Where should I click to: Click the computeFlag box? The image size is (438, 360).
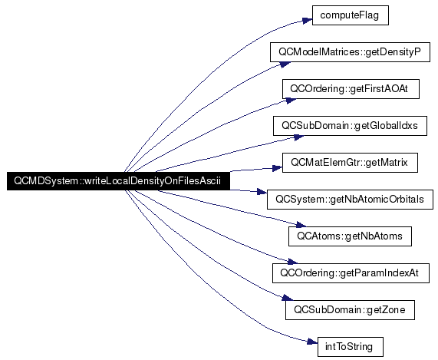click(x=351, y=15)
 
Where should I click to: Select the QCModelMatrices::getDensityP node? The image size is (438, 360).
click(x=350, y=52)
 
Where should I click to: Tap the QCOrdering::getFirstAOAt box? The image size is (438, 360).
click(x=351, y=89)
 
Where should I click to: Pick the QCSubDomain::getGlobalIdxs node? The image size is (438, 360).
click(x=350, y=126)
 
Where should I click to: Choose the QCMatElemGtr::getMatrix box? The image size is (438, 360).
click(x=350, y=163)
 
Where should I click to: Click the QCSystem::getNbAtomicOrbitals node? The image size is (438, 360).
click(x=350, y=200)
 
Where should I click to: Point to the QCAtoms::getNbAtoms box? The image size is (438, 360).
click(x=350, y=236)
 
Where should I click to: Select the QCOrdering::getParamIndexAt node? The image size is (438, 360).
click(x=351, y=273)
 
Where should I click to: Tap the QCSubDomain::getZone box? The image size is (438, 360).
click(x=350, y=310)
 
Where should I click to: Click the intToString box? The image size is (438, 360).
click(x=351, y=347)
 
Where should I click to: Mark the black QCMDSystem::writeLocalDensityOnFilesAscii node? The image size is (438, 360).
click(x=118, y=181)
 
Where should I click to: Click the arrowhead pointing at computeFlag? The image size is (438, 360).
click(x=307, y=21)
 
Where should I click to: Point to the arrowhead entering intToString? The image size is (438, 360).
click(x=312, y=342)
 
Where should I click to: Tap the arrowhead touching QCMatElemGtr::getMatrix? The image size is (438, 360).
click(x=277, y=168)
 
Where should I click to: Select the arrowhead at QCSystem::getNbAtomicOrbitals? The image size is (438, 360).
click(x=262, y=191)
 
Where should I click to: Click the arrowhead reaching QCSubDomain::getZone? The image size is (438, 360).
click(x=288, y=298)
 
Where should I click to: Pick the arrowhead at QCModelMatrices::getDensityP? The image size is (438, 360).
click(x=285, y=64)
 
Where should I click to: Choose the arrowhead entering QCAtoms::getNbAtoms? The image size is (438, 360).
click(x=301, y=224)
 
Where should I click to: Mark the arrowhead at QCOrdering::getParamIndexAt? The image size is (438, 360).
click(x=292, y=262)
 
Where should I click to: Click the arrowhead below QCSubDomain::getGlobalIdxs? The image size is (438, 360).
click(x=298, y=137)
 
